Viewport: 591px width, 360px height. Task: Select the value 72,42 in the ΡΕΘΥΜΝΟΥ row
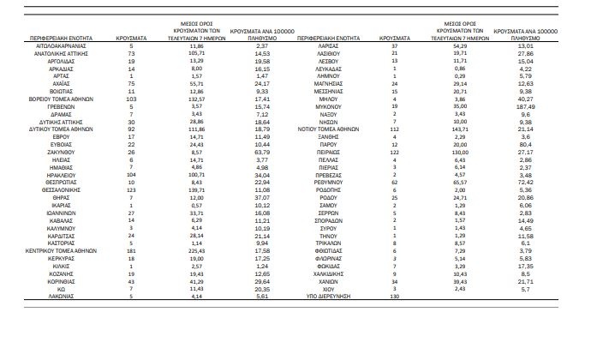coord(526,182)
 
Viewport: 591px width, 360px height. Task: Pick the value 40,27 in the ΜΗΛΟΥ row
coord(526,100)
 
